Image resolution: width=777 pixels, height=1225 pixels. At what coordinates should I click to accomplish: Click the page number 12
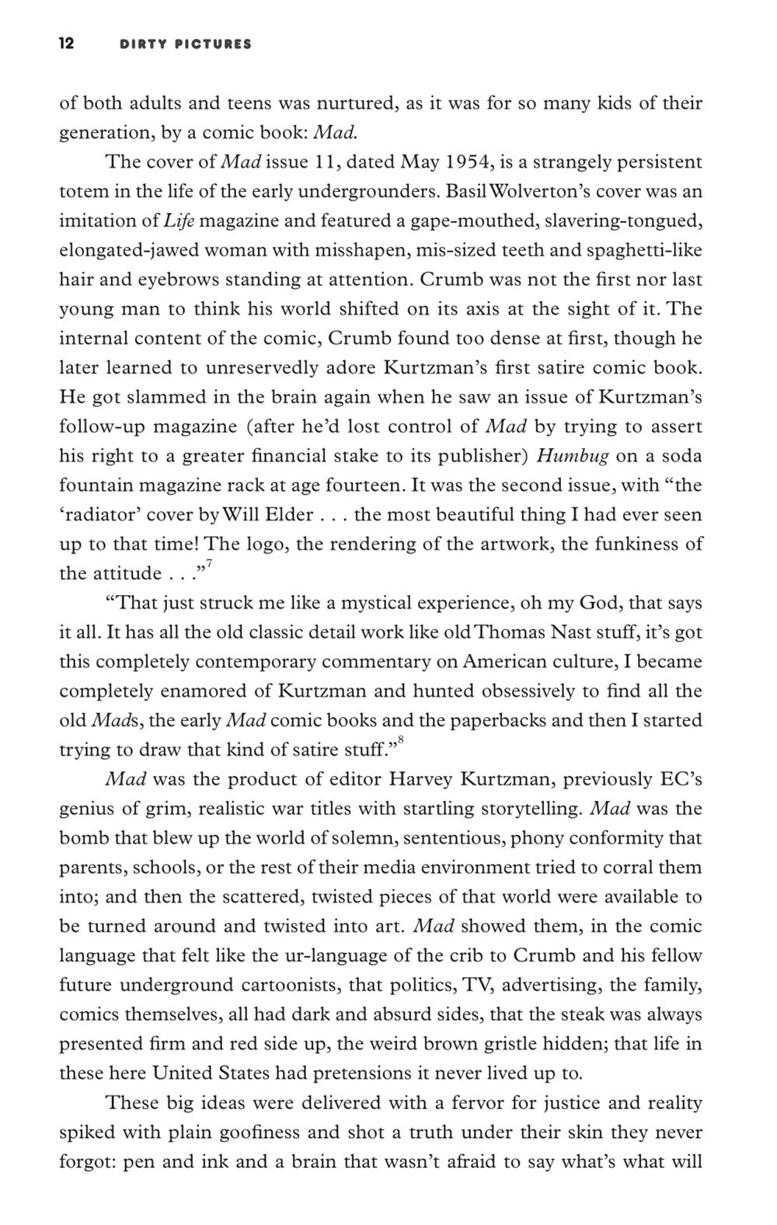point(67,44)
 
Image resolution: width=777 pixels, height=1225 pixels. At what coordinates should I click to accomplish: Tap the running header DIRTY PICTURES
point(186,44)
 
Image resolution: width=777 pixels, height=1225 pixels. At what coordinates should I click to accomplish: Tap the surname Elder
point(287,515)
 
